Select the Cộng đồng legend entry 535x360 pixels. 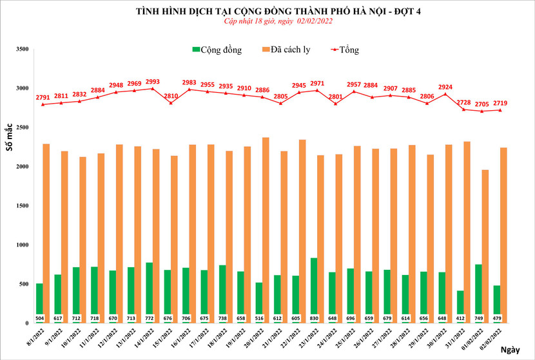coord(217,50)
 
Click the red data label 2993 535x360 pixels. coord(153,82)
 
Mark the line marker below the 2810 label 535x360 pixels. coord(171,103)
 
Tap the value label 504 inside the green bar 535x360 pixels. coord(39,319)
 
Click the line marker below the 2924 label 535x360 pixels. coord(445,94)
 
